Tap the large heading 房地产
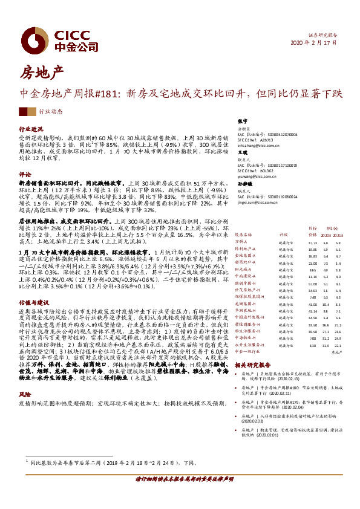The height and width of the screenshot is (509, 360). click(42, 74)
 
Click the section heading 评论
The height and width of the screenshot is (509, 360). click(24, 173)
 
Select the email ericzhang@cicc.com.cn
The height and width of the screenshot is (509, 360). click(258, 146)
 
